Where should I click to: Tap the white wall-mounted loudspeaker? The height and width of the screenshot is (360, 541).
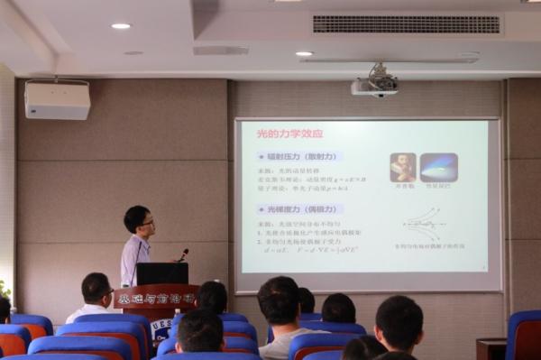(x=57, y=100)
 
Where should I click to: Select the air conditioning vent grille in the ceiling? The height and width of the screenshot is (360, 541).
(x=406, y=24)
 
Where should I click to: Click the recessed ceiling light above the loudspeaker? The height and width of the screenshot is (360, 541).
(x=121, y=26)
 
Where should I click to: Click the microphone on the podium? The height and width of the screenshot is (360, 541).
(x=183, y=254)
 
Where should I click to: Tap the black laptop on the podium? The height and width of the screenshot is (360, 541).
(x=162, y=273)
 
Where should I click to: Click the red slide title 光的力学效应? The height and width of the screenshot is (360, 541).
(x=289, y=134)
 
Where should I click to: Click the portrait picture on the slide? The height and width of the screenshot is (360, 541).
(x=402, y=167)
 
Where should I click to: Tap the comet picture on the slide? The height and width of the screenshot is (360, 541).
(x=438, y=167)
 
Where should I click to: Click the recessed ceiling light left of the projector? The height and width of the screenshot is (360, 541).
(x=304, y=53)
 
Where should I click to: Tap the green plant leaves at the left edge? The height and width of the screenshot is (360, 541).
(x=5, y=290)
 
